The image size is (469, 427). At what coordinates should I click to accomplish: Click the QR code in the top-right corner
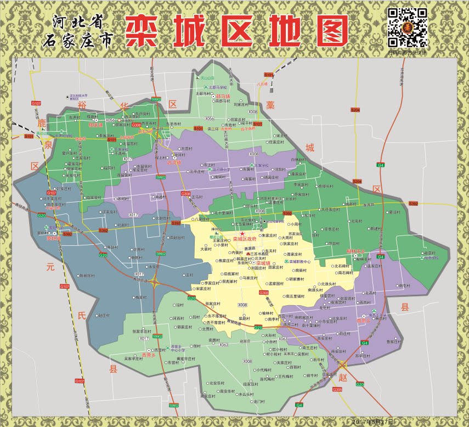[x=408, y=27]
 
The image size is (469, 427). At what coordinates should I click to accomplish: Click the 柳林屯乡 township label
[x=355, y=251]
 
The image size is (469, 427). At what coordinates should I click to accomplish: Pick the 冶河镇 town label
[x=174, y=162]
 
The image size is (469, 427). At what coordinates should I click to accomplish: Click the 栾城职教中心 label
[x=301, y=262]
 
